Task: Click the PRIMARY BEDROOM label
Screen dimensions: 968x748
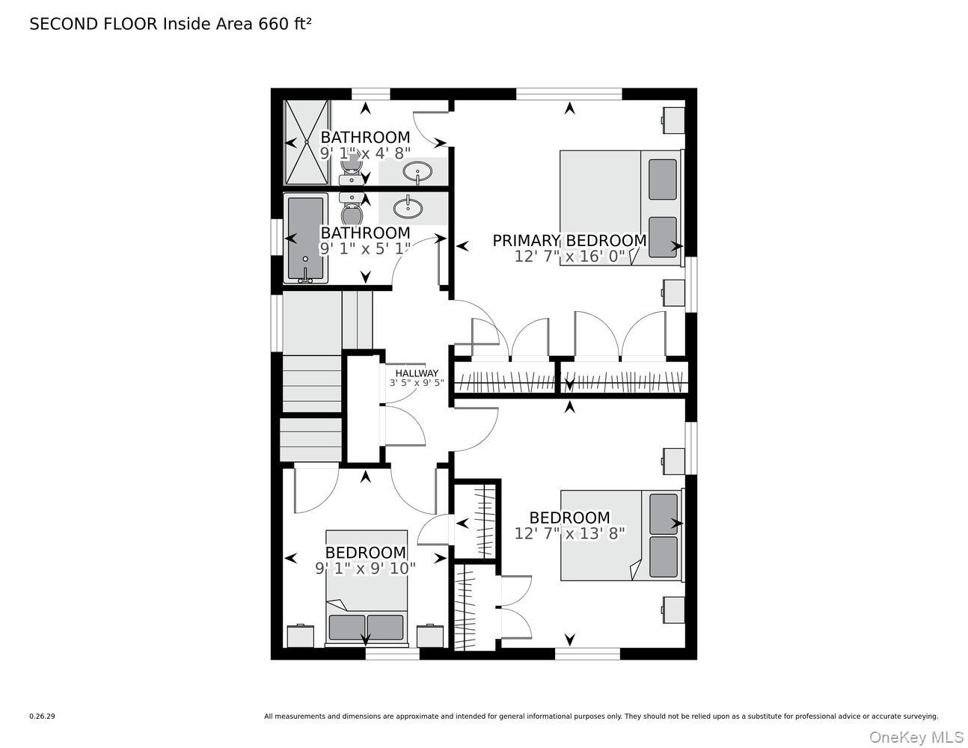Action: click(569, 240)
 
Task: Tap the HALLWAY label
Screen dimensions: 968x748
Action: click(417, 373)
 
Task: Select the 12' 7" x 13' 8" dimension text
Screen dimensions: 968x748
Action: click(570, 533)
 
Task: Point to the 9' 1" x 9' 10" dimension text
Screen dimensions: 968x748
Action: click(365, 568)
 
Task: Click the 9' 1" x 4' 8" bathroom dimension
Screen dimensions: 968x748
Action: click(365, 153)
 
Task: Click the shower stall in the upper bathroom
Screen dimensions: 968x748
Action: click(307, 142)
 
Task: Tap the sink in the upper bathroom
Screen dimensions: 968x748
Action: click(417, 172)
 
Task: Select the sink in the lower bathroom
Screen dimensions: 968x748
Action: click(408, 208)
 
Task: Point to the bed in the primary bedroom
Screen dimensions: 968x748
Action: click(622, 208)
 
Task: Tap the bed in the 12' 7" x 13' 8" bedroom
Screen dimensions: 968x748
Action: click(622, 535)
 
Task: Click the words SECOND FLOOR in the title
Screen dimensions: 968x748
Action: click(94, 24)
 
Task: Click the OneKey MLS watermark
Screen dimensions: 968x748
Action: click(916, 738)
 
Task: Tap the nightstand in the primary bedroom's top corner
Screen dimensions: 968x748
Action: click(673, 120)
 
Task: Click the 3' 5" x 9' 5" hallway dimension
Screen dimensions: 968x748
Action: click(417, 382)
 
